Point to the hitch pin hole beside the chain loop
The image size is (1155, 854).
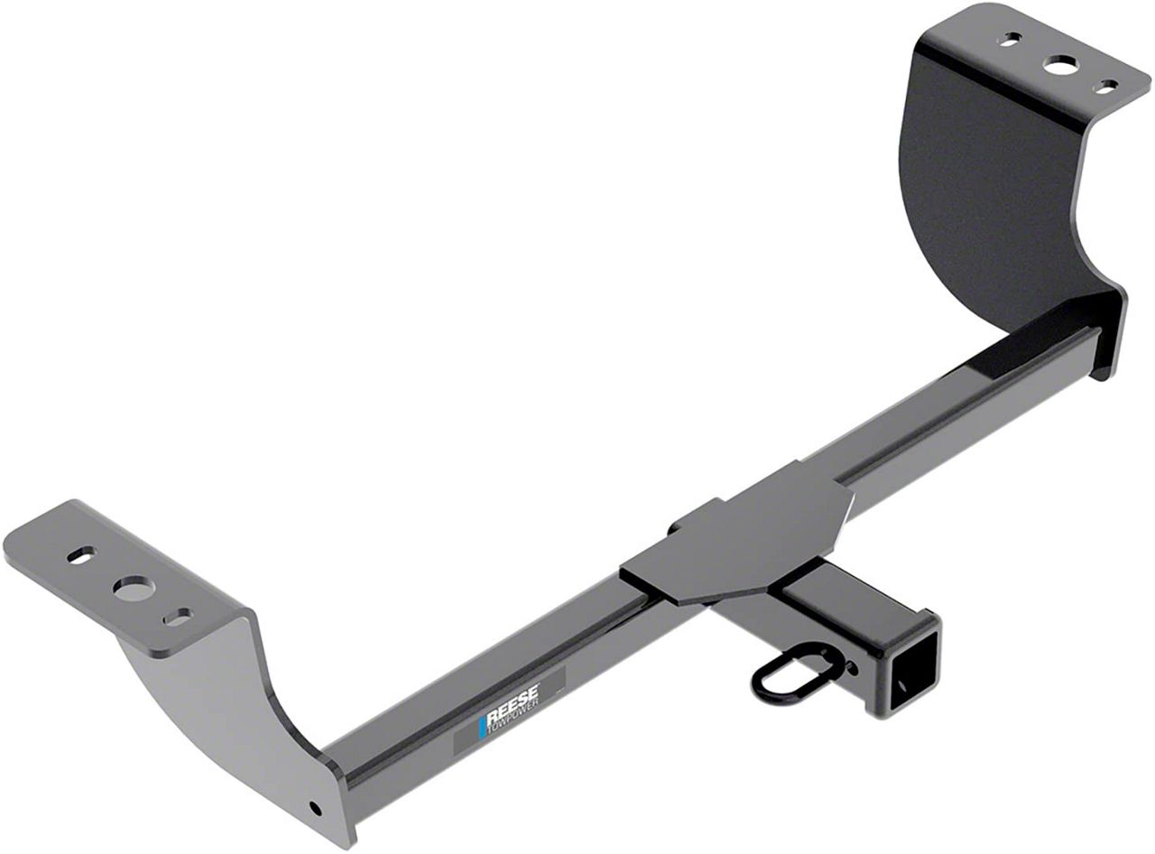[851, 668]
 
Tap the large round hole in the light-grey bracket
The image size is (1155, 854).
[133, 587]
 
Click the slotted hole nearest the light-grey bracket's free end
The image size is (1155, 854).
[80, 555]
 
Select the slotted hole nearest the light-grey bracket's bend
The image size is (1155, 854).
[177, 617]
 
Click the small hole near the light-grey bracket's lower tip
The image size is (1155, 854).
[313, 806]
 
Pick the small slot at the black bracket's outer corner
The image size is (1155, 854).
[1106, 87]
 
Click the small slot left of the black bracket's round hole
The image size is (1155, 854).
[1011, 40]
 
